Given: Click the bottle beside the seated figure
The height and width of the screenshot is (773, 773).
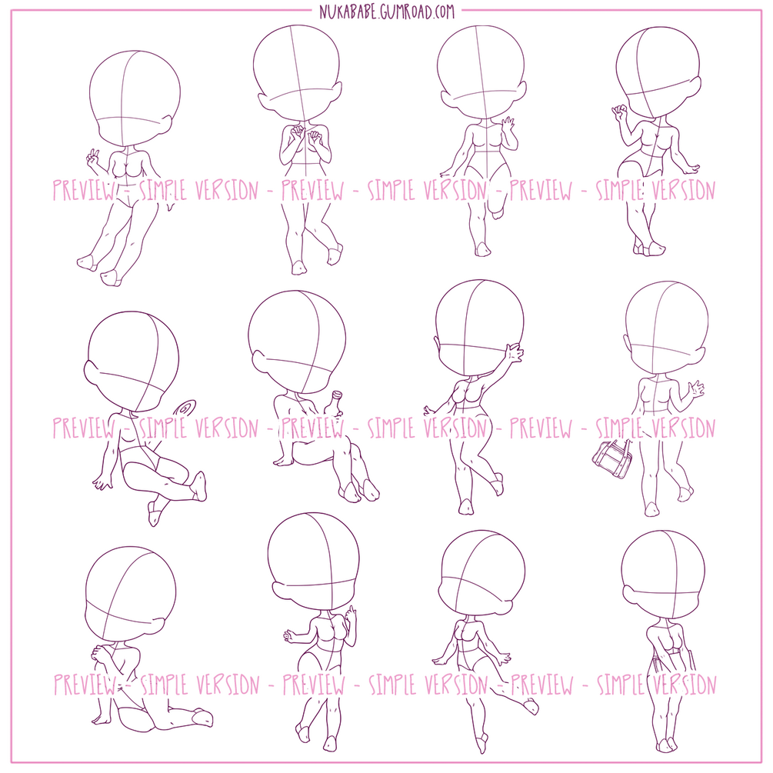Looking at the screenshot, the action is (334, 405).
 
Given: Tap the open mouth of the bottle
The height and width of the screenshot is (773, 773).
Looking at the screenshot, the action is (338, 393).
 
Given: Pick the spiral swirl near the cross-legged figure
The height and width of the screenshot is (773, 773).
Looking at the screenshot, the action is (185, 410).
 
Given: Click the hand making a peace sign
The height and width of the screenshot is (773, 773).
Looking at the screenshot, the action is (92, 158).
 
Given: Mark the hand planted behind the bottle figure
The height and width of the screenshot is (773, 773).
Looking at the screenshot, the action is (282, 461).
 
